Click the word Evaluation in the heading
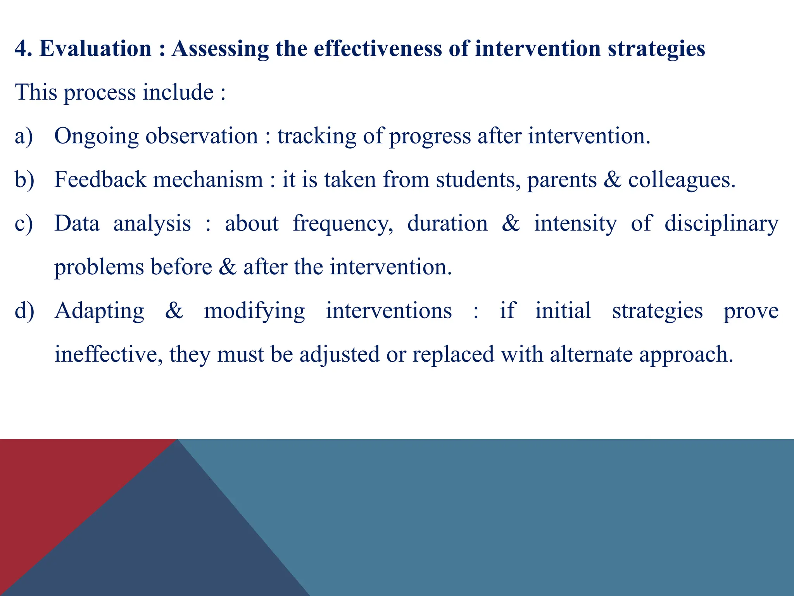[x=95, y=49]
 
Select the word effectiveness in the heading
[x=378, y=49]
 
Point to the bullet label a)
[x=24, y=137]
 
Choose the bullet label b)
[x=24, y=180]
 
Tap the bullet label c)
[x=24, y=224]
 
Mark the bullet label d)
[x=24, y=311]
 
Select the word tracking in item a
[x=316, y=137]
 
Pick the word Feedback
[x=100, y=180]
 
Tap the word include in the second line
[x=178, y=92]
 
